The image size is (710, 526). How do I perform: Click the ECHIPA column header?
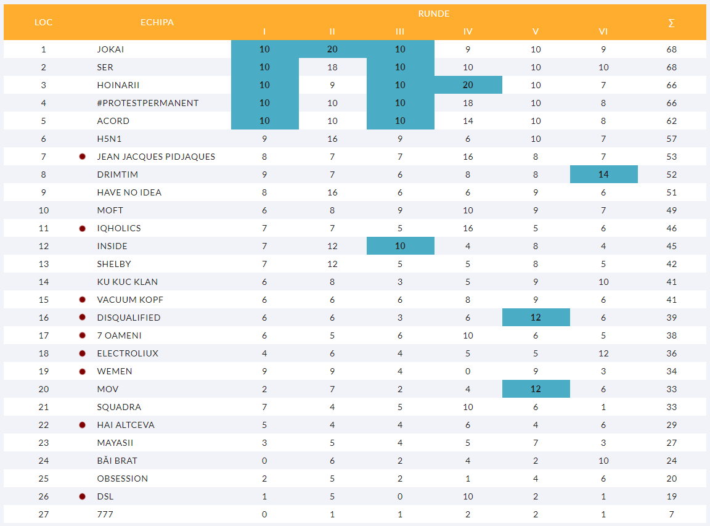tap(157, 22)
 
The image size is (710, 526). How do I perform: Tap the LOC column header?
tap(43, 22)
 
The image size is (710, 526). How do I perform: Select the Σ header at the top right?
tap(671, 23)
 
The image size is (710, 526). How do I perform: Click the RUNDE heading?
tap(434, 14)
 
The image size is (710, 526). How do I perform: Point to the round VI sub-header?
tap(603, 32)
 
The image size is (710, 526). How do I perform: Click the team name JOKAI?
tap(110, 49)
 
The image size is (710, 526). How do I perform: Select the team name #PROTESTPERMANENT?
tap(148, 103)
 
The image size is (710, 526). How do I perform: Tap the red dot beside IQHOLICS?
tap(82, 228)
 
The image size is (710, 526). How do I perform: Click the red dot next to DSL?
tap(82, 496)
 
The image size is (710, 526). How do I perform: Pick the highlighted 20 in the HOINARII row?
tap(468, 85)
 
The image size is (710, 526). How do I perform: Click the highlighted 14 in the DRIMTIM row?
tap(603, 175)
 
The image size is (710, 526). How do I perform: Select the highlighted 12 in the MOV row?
tap(536, 389)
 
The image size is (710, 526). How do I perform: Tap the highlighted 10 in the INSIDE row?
tap(400, 246)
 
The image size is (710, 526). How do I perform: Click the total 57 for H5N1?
tap(671, 139)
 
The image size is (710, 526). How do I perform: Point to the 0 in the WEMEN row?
tap(468, 371)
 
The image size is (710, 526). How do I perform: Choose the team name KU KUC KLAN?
tap(127, 282)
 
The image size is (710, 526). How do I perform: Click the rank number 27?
tap(43, 514)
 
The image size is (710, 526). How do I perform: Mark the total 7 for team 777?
tap(671, 514)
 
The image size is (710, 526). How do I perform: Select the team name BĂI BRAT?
tap(117, 461)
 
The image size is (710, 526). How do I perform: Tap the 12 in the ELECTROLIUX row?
tap(603, 353)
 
